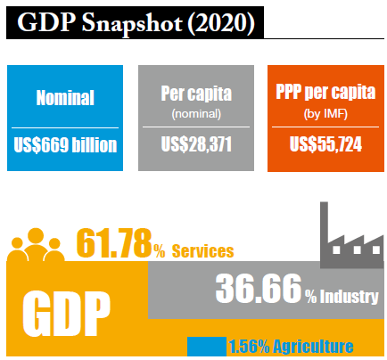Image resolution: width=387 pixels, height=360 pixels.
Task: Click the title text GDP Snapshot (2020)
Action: click(136, 23)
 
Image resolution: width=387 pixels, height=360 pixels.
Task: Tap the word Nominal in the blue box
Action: click(64, 98)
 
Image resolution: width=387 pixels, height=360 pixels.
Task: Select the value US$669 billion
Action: click(64, 145)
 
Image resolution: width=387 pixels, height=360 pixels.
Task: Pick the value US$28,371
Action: click(194, 145)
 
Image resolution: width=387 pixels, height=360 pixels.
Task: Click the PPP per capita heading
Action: click(325, 93)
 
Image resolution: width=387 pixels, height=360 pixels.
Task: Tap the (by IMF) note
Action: click(325, 113)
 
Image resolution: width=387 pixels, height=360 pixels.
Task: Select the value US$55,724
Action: click(325, 145)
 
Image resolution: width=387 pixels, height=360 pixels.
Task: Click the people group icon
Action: click(36, 245)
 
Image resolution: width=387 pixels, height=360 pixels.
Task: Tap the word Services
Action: click(202, 251)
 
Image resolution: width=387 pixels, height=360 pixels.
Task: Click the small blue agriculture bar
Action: click(205, 347)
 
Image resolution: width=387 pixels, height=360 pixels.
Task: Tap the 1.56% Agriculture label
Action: click(291, 347)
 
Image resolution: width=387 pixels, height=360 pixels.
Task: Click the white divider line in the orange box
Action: click(325, 127)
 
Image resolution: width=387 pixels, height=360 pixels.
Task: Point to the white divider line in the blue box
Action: click(64, 127)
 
